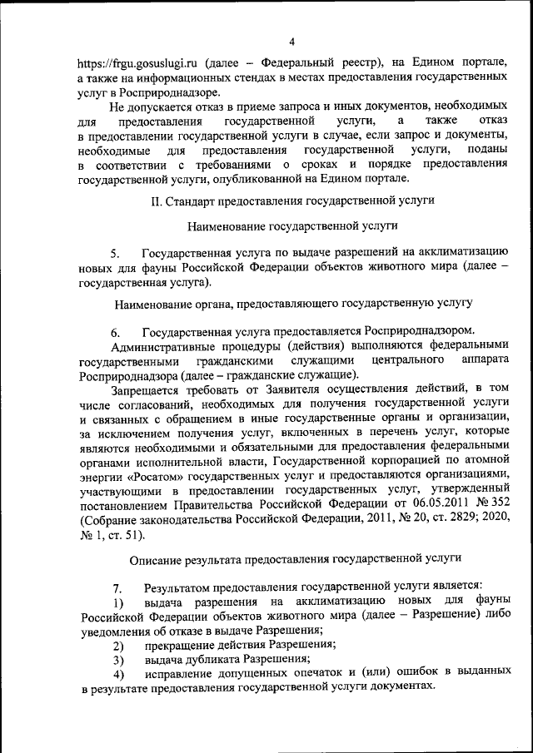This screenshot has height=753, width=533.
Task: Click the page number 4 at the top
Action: pos(291,42)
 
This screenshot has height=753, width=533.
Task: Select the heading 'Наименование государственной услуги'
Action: pos(291,225)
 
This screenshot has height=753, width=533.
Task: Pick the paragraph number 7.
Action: pos(117,588)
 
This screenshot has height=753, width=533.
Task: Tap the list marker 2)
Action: pos(118,646)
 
